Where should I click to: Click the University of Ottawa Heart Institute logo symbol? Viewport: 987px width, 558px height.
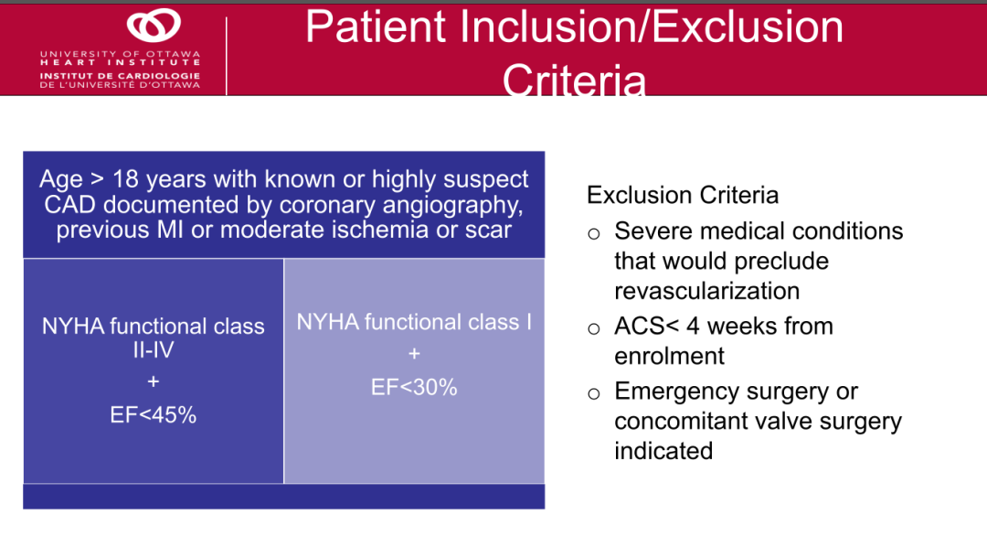[x=154, y=26]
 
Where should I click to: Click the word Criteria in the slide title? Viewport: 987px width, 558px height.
[x=574, y=80]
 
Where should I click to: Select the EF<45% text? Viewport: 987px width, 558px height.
[x=153, y=415]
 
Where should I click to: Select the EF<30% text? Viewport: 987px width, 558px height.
[x=414, y=387]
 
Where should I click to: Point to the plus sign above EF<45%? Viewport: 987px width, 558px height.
[x=153, y=381]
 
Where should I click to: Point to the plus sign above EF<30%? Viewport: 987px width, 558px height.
[x=414, y=354]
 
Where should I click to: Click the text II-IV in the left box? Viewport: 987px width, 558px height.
[x=153, y=350]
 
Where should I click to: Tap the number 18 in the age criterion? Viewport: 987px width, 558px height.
[x=125, y=179]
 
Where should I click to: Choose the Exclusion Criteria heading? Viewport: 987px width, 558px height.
[x=683, y=195]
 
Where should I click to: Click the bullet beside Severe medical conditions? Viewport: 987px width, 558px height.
[x=594, y=234]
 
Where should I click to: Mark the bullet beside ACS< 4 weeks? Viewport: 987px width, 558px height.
[x=594, y=328]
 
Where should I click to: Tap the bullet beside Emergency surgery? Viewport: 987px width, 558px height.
[x=594, y=394]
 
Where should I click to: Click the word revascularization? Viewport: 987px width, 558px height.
[x=706, y=291]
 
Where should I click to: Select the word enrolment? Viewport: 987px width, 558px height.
[x=669, y=357]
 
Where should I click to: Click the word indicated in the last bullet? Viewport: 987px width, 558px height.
[x=663, y=451]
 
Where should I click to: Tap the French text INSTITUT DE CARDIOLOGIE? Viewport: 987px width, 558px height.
[x=120, y=76]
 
